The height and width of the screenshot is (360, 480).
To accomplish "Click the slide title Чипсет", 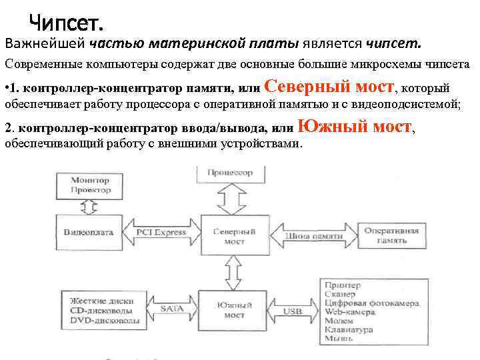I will pos(66,24).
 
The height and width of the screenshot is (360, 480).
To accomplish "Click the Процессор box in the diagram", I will pos(229,173).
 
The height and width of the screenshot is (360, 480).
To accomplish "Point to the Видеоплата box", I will pos(89,233).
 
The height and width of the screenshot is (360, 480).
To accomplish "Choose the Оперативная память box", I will pos(391,235).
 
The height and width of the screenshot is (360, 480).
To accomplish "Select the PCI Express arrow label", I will pos(161,233).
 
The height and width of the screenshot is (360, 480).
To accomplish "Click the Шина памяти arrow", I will pos(313,236).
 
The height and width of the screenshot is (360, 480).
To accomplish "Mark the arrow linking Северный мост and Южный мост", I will pos(229,273).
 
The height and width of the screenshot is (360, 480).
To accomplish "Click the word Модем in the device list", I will pos(339,321).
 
